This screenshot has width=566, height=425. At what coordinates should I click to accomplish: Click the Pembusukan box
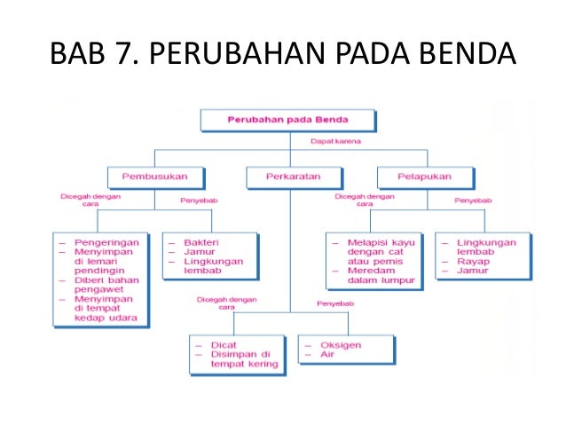click(154, 176)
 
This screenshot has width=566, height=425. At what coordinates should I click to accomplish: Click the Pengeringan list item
click(100, 241)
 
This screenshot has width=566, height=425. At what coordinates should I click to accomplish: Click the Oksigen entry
click(341, 344)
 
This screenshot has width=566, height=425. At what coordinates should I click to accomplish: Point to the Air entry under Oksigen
click(328, 354)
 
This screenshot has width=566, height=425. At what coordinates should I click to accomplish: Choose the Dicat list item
click(223, 344)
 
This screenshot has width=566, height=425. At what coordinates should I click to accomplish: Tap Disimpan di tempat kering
click(244, 359)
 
